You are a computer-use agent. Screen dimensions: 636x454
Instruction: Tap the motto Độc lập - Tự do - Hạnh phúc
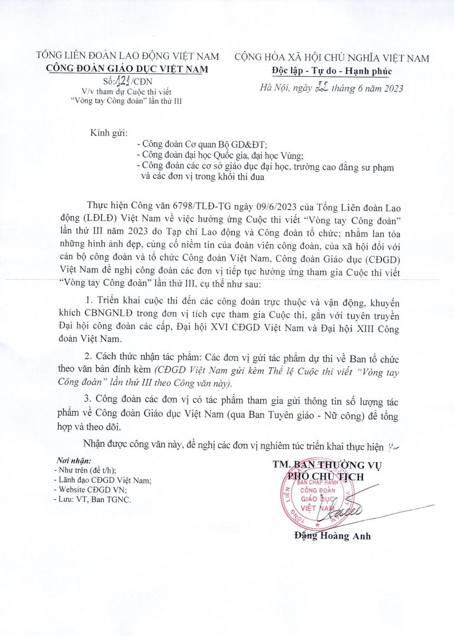tap(334, 71)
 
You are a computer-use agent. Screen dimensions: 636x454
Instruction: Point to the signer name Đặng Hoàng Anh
tap(333, 536)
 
